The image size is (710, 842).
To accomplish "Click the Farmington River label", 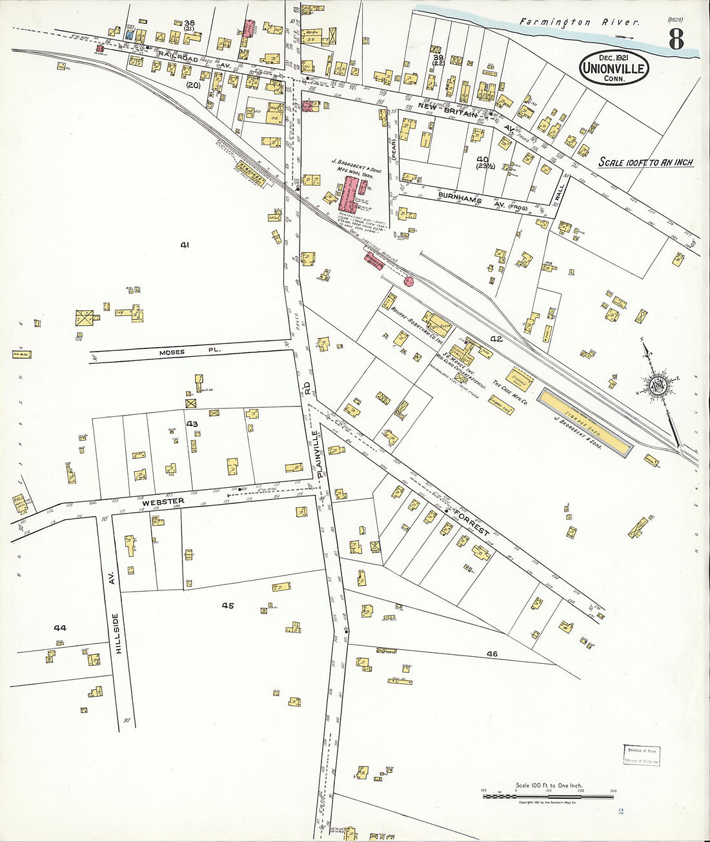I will pos(580,22).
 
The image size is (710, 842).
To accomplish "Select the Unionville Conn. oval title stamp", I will pos(614,68).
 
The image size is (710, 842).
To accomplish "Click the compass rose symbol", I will pos(660,385).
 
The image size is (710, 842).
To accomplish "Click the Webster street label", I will pos(163,501).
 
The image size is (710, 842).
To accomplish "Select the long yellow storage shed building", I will pos(585,423).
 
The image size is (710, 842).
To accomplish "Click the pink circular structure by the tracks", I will pos(408,281).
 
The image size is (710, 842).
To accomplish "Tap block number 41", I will pos(185,245).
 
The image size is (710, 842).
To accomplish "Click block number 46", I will pos(492,654).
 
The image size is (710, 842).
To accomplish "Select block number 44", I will pos(60,627).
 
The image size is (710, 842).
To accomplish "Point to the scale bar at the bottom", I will pos(549,796).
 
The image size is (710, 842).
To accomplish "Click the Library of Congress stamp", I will pos(642,755).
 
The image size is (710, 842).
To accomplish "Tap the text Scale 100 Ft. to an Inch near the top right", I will pos(645,162).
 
